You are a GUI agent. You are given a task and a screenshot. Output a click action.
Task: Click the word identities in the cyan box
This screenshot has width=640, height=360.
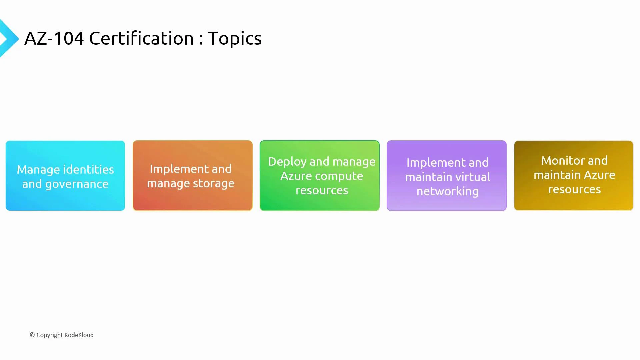click(88, 170)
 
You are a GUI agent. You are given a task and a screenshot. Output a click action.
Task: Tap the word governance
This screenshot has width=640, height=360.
click(77, 184)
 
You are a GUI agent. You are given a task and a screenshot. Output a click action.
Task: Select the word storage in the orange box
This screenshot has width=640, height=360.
click(214, 184)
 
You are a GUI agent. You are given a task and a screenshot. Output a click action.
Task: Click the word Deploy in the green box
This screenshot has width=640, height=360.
click(287, 162)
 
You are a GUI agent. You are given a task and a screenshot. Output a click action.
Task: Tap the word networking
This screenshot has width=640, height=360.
click(447, 192)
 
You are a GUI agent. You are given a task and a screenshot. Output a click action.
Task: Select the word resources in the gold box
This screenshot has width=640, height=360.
click(574, 189)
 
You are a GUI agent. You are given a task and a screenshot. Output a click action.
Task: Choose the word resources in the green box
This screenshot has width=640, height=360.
click(322, 190)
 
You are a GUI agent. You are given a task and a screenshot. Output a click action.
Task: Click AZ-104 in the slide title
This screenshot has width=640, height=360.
click(54, 38)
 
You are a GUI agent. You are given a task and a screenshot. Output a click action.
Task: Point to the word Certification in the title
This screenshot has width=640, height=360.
click(141, 38)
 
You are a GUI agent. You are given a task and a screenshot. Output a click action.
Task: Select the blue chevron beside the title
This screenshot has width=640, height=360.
click(9, 39)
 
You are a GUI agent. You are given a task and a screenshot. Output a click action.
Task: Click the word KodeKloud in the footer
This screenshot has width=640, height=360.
click(79, 335)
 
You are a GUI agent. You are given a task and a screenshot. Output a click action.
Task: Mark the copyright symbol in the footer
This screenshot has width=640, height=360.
click(32, 335)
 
